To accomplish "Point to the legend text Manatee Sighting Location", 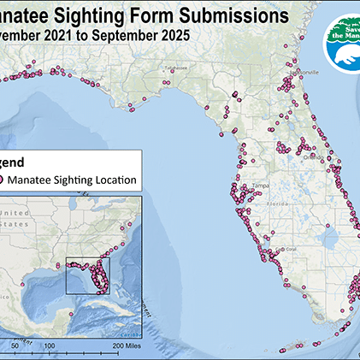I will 76,180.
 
